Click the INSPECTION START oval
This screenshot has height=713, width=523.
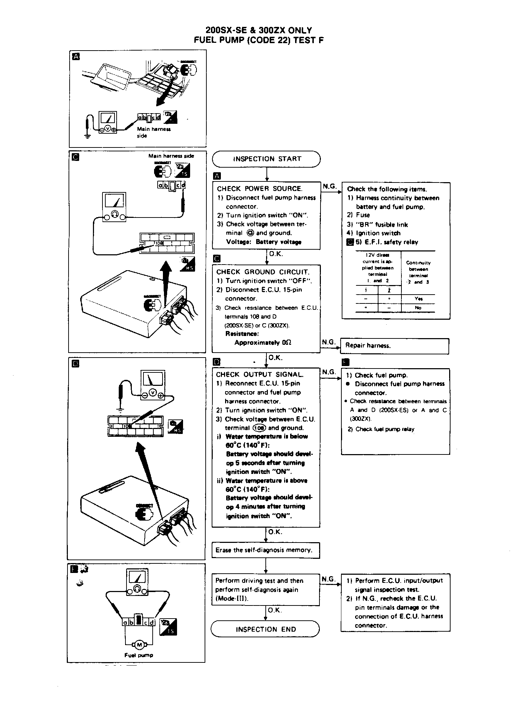tap(266, 159)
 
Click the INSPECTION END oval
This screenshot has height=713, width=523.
tap(265, 629)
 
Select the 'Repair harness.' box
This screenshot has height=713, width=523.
tap(394, 346)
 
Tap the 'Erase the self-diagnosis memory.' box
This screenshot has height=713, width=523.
tap(265, 550)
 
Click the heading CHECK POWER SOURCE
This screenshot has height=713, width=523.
tap(260, 189)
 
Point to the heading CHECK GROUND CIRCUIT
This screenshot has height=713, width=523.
tap(263, 272)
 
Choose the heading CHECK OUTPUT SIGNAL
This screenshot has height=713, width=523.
tap(260, 375)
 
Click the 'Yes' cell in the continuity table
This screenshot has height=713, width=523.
tap(418, 299)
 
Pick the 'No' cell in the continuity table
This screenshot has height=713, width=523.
tap(418, 308)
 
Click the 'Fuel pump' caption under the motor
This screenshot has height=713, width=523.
tap(139, 655)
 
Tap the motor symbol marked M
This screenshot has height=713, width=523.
tap(139, 645)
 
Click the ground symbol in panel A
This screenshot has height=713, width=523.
tap(87, 135)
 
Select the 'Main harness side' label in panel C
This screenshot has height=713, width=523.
tap(171, 156)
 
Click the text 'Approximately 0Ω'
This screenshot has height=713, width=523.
tap(263, 342)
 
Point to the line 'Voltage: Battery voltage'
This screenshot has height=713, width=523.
tap(264, 242)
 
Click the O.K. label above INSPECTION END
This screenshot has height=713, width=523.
tap(275, 610)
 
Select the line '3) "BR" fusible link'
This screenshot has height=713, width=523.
tap(377, 225)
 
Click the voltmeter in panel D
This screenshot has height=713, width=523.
tap(153, 385)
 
